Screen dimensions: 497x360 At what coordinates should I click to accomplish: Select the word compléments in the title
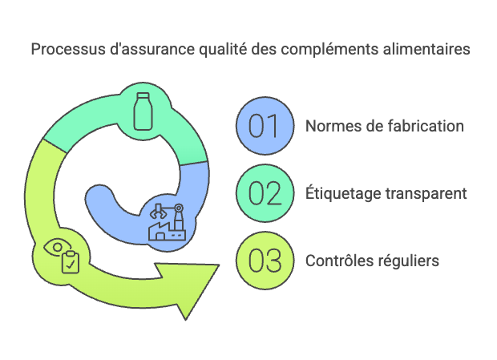[329, 50]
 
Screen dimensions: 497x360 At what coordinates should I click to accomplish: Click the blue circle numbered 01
[265, 126]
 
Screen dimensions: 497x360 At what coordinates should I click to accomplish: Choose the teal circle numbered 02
[265, 193]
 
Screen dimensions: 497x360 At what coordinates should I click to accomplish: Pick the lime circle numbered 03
[265, 260]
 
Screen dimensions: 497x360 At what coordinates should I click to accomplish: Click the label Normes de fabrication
[385, 126]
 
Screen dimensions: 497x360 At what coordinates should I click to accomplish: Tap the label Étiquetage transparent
[386, 193]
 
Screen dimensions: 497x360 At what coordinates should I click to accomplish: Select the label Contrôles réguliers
[372, 261]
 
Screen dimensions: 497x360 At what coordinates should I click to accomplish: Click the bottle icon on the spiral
[143, 111]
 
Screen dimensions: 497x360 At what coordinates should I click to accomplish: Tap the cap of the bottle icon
[143, 95]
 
